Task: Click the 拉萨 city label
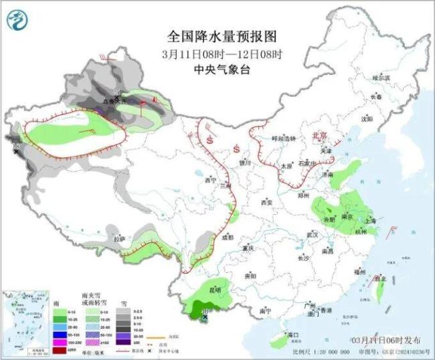tap(118, 238)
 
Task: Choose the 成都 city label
tap(228, 237)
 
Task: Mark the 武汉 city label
tap(312, 235)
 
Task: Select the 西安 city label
tap(267, 201)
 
